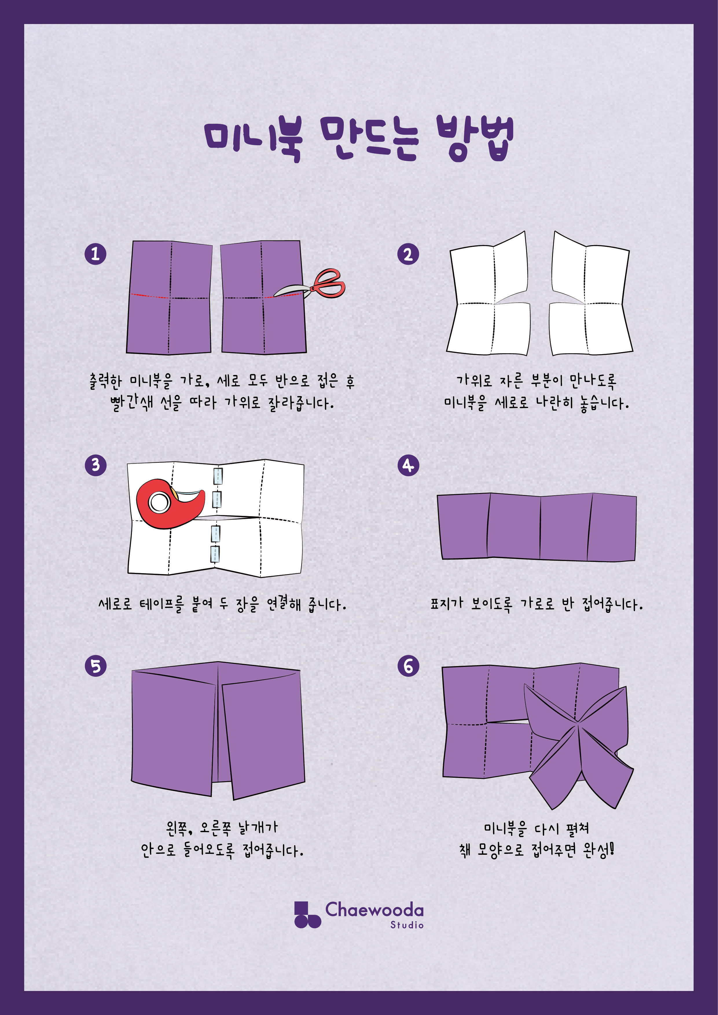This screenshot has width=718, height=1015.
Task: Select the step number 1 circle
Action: coord(96,254)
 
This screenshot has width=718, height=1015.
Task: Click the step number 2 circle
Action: coord(408,254)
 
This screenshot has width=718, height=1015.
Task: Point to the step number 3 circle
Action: coord(96,465)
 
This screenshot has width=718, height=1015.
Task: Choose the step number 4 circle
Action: coord(408,465)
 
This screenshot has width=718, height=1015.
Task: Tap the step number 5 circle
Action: coord(96,666)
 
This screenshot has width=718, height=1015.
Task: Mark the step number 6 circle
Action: coord(408,666)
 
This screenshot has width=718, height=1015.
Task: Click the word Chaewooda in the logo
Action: coord(374,910)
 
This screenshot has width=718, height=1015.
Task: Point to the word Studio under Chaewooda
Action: coord(407,925)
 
